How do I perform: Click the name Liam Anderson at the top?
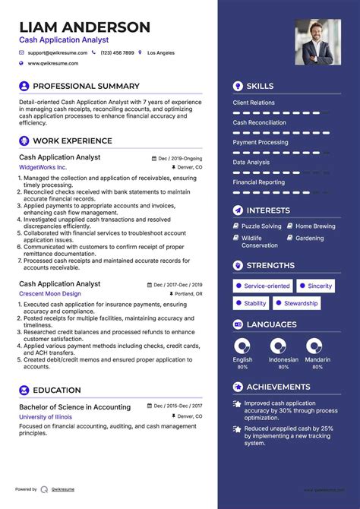[84, 27]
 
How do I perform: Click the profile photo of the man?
[317, 42]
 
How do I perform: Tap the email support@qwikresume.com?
[58, 53]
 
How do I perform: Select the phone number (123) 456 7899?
[117, 53]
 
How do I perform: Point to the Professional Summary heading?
[86, 86]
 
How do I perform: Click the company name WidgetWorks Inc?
[43, 167]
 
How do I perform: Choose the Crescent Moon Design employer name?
[50, 294]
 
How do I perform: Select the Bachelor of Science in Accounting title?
[74, 407]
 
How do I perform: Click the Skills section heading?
[260, 86]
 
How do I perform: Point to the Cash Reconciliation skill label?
[259, 122]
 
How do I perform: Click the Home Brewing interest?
[314, 226]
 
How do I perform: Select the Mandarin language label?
[317, 359]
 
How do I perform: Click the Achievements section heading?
[277, 387]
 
